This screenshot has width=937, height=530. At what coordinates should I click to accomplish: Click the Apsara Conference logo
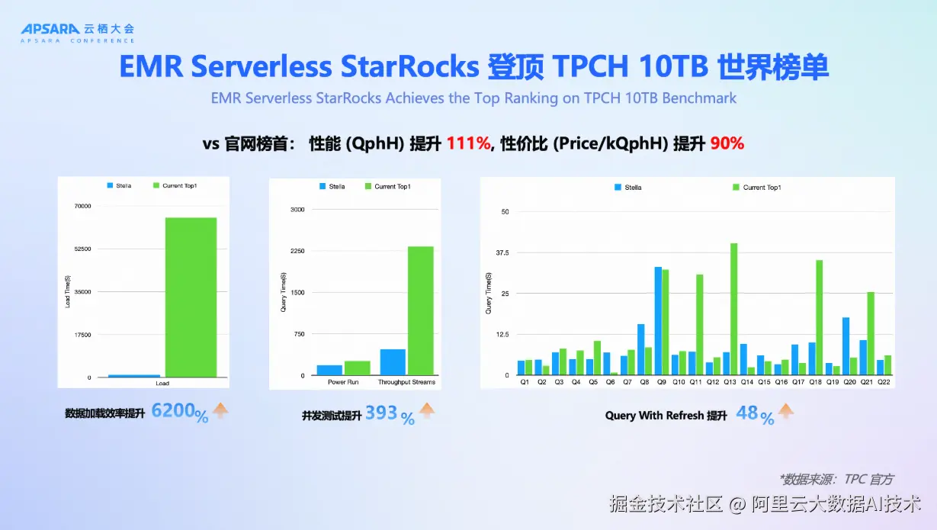pyautogui.click(x=77, y=32)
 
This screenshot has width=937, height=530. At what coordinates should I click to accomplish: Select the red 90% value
pyautogui.click(x=727, y=143)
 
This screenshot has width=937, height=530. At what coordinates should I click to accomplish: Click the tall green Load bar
pyautogui.click(x=191, y=297)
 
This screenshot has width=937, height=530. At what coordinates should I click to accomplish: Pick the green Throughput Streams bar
pyautogui.click(x=420, y=311)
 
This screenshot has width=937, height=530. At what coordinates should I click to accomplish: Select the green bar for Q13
pyautogui.click(x=734, y=309)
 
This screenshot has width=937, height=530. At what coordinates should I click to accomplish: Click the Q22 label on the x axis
pyautogui.click(x=884, y=381)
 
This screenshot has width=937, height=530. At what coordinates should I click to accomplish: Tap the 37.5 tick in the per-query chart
pyautogui.click(x=501, y=252)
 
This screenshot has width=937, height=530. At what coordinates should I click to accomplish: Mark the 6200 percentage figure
pyautogui.click(x=173, y=412)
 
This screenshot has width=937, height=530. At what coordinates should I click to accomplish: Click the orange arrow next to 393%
pyautogui.click(x=426, y=413)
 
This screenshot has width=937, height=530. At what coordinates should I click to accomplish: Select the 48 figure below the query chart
pyautogui.click(x=747, y=413)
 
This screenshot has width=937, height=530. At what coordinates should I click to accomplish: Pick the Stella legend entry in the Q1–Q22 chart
pyautogui.click(x=627, y=187)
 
